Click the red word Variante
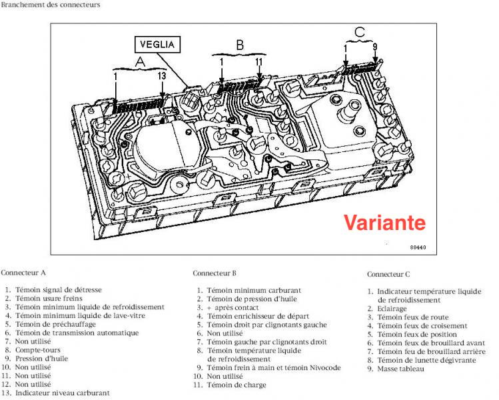pyautogui.click(x=384, y=221)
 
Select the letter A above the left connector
pyautogui.click(x=139, y=61)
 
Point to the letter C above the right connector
pyautogui.click(x=359, y=31)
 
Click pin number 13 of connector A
pyautogui.click(x=161, y=77)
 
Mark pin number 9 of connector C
pyautogui.click(x=376, y=47)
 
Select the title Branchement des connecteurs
pyautogui.click(x=51, y=5)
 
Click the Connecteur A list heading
pyautogui.click(x=23, y=273)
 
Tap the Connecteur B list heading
pyautogui.click(x=215, y=273)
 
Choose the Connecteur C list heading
pyautogui.click(x=388, y=274)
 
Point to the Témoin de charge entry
pyautogui.click(x=237, y=385)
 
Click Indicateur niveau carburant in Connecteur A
pyautogui.click(x=63, y=393)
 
